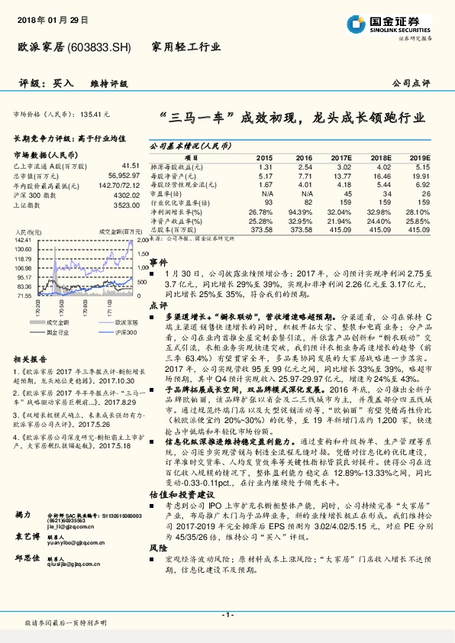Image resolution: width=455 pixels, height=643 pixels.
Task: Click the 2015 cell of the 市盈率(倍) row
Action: [265, 193]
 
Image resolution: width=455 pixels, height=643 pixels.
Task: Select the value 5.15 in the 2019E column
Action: [423, 166]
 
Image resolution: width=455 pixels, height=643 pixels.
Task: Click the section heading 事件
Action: [157, 262]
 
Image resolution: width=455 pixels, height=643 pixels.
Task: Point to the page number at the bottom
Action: [227, 614]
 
